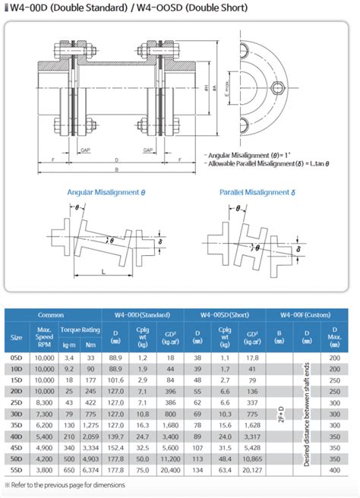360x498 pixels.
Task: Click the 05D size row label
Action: point(16,355)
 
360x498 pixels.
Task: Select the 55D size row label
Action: point(16,469)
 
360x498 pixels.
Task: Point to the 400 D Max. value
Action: point(335,469)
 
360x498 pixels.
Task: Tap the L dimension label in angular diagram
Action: point(103,271)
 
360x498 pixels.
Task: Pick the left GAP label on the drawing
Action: point(87,150)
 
